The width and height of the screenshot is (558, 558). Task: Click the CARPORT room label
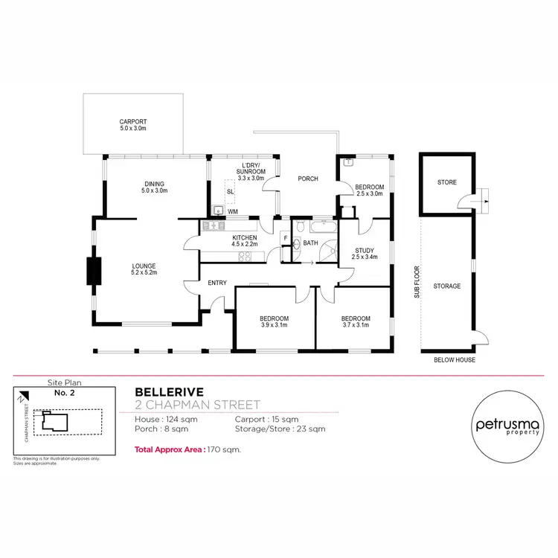tap(133, 121)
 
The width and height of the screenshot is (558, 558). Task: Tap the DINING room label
tap(155, 185)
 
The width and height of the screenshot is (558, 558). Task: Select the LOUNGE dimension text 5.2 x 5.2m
tap(146, 272)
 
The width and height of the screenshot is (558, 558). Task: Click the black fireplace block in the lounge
tap(94, 270)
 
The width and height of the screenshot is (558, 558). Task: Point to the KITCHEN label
tap(223, 237)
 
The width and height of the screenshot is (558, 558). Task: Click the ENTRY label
tap(217, 283)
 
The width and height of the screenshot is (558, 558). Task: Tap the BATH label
tap(310, 243)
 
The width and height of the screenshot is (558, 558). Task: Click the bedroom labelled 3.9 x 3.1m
tap(275, 318)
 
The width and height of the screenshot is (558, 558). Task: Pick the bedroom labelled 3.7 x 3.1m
tap(356, 318)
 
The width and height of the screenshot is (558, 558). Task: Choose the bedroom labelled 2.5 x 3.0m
tap(369, 187)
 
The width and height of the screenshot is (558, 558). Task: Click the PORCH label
tap(308, 179)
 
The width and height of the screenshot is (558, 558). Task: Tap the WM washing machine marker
tap(233, 211)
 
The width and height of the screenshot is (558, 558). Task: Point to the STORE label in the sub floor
tap(447, 182)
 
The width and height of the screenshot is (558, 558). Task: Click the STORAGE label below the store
tap(447, 286)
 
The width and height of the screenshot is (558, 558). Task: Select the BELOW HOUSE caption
tap(454, 360)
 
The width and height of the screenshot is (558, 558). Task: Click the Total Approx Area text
tap(187, 449)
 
